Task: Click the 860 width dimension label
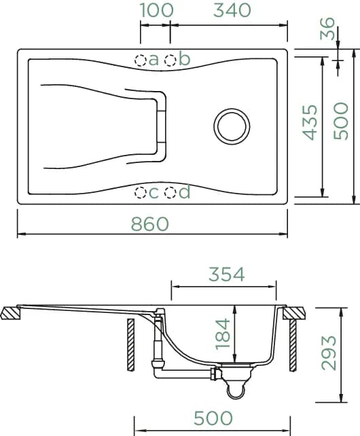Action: pos(150,224)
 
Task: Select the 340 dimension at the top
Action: pos(232,10)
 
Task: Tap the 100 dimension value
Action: pos(157,10)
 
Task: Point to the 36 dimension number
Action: pos(327,29)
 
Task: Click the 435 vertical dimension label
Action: pos(310,122)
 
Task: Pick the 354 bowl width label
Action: pos(226,274)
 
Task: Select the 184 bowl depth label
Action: pos(223,333)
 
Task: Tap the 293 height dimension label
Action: pos(329,353)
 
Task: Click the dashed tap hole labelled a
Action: pos(141,60)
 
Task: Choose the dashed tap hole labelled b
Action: pos(170,60)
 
